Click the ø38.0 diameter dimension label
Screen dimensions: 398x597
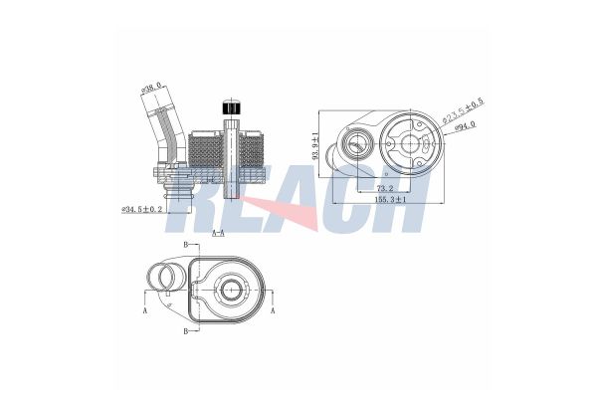pos(152,92)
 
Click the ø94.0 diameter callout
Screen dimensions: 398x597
pos(464,127)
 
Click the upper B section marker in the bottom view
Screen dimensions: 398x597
pos(185,244)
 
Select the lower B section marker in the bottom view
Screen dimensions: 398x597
pos(185,329)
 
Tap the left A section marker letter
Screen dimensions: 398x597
pos(145,310)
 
